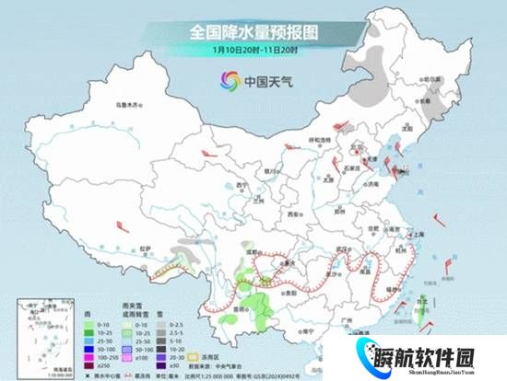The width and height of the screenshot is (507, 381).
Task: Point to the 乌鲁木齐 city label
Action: point(124,106)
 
